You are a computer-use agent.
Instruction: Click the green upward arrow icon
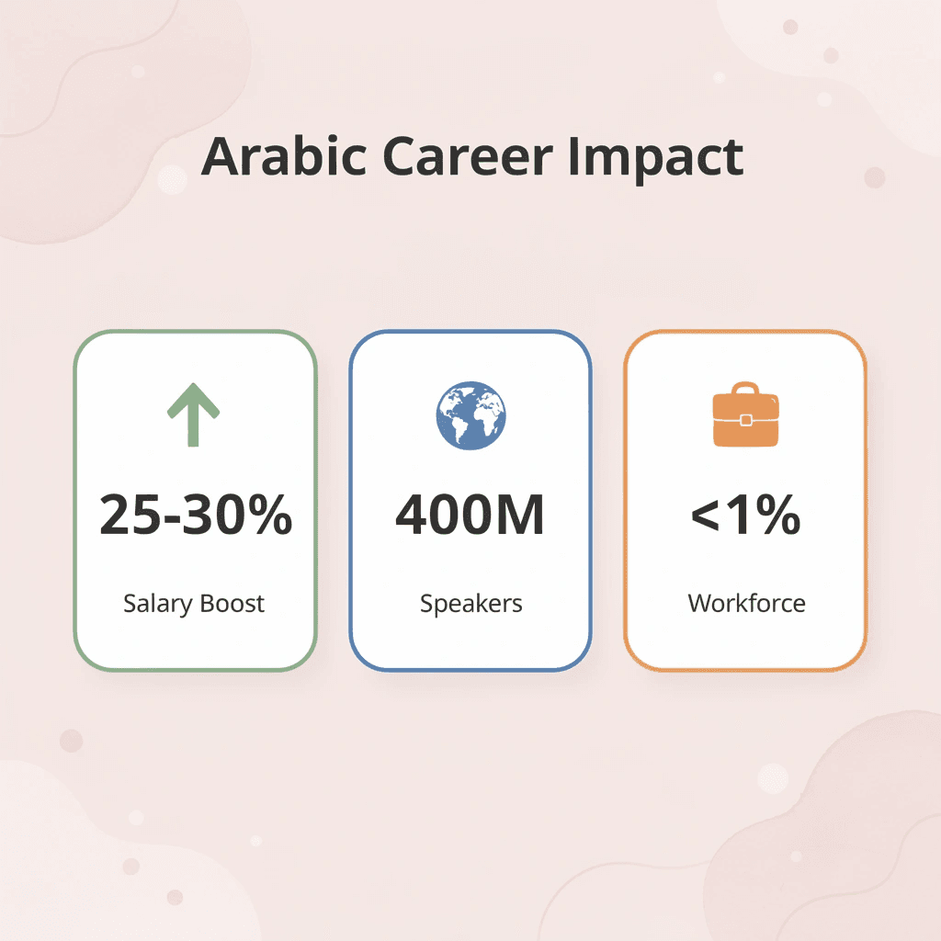pyautogui.click(x=193, y=414)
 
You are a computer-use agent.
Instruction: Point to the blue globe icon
pyautogui.click(x=470, y=414)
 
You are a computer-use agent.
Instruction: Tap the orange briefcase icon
pyautogui.click(x=745, y=418)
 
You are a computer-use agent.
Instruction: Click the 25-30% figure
pyautogui.click(x=195, y=515)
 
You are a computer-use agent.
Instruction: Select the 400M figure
pyautogui.click(x=470, y=515)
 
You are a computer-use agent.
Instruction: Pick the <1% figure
pyautogui.click(x=745, y=515)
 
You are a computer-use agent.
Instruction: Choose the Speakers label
pyautogui.click(x=470, y=604)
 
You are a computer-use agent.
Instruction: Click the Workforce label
pyautogui.click(x=746, y=604)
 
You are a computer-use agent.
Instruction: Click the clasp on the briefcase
pyautogui.click(x=745, y=420)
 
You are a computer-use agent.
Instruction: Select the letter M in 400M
pyautogui.click(x=522, y=515)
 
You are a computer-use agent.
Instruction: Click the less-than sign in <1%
pyautogui.click(x=708, y=516)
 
